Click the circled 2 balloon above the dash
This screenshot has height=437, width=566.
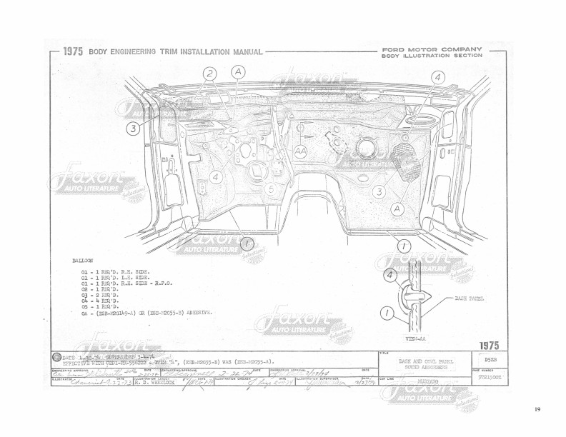(x=209, y=74)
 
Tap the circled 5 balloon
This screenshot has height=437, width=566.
(x=272, y=189)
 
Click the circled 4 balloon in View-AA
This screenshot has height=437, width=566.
(x=390, y=274)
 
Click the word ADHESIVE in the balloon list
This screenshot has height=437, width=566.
(x=197, y=312)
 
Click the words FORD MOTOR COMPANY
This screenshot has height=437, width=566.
(x=432, y=49)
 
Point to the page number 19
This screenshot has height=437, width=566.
(x=537, y=410)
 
